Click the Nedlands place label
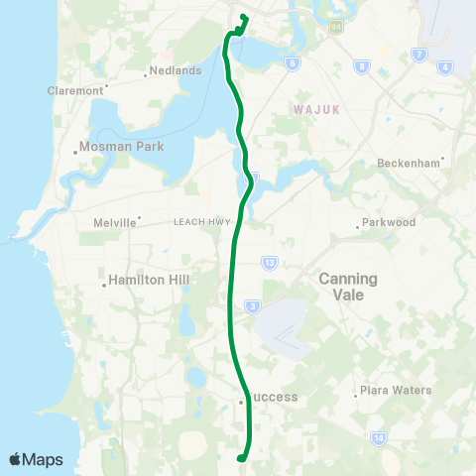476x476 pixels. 176,71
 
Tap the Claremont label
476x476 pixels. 75,90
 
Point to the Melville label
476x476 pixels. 115,223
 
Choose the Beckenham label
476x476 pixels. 410,164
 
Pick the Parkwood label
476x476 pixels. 389,223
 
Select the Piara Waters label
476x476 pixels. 396,391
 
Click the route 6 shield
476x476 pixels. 293,63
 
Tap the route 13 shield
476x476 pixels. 270,262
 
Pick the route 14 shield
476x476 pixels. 378,436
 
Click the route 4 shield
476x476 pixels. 445,66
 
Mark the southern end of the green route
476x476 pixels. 240,457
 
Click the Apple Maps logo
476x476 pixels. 36,459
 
